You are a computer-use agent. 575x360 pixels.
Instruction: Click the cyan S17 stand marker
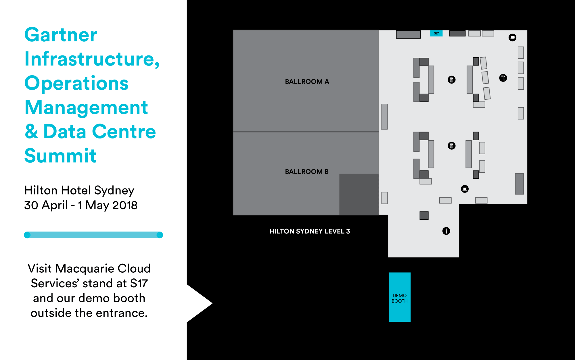coord(436,33)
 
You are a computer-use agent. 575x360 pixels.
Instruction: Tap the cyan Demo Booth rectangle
coord(399,297)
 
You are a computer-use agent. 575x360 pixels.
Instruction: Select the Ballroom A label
coord(307,82)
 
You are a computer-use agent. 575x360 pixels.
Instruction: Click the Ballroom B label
coord(306,172)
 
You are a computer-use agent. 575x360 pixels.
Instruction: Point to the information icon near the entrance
coord(446,231)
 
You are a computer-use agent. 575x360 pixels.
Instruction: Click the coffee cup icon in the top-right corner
coord(512,38)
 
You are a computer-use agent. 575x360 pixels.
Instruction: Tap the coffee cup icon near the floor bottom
coord(465,189)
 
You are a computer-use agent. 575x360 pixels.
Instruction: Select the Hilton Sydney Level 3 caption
coord(309,231)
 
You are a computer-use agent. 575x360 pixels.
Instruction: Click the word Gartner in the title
coord(61,35)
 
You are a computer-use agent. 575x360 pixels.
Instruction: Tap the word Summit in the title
coord(60,156)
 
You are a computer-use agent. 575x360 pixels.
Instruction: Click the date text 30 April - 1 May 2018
coord(81,205)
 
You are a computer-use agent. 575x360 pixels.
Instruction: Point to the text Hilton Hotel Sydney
coord(79,190)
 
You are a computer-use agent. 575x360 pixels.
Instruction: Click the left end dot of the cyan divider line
coord(27,235)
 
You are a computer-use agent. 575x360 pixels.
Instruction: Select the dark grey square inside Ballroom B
coord(359,194)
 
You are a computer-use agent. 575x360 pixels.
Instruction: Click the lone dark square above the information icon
coord(424,215)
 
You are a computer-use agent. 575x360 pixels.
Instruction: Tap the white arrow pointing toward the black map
coord(201,303)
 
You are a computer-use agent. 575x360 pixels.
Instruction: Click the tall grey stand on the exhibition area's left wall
coord(384,116)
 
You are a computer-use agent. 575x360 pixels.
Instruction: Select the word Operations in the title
coord(76,83)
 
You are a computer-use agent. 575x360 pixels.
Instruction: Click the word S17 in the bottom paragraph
coord(139,284)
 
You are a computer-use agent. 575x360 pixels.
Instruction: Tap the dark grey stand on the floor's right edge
coord(519,184)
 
